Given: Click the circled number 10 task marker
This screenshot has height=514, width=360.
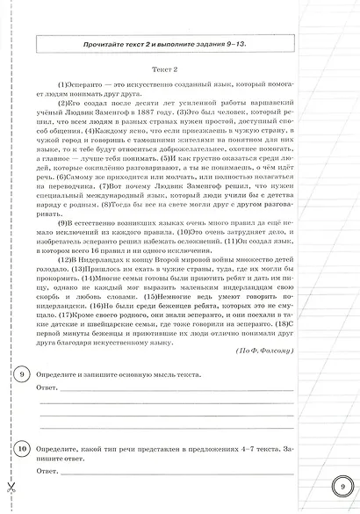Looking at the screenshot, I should click(20, 450).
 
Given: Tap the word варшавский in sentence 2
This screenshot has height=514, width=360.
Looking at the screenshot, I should click(299, 90).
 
